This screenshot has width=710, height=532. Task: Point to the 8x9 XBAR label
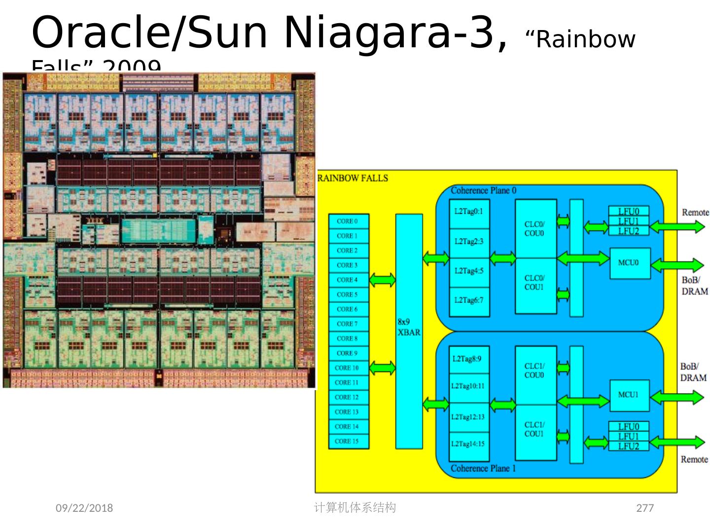(x=409, y=327)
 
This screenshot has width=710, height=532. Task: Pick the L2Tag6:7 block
(x=469, y=301)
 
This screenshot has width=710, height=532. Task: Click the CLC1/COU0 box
(x=535, y=371)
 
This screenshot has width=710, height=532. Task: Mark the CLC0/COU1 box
(x=535, y=283)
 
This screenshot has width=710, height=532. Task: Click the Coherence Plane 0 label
(x=483, y=191)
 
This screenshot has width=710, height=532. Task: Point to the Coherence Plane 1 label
(x=483, y=468)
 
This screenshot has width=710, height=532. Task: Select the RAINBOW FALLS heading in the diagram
(x=353, y=178)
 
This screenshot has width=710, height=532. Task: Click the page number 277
(x=645, y=508)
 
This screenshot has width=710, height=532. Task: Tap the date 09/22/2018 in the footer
(x=84, y=508)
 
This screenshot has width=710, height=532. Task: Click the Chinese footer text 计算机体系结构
(x=355, y=507)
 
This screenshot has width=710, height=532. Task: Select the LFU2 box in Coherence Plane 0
(x=628, y=231)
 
